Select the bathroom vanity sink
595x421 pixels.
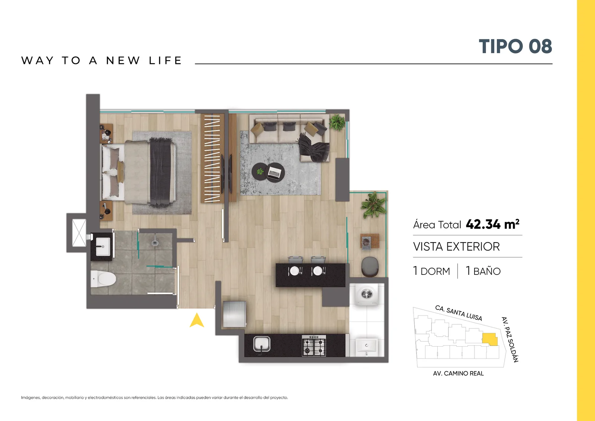(103, 247)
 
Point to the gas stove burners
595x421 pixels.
(314, 345)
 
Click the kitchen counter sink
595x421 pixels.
(262, 344)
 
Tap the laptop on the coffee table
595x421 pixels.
(275, 173)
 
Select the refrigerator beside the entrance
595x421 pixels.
(234, 314)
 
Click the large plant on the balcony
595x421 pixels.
(373, 205)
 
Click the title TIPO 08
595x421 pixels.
(515, 46)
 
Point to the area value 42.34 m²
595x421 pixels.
(492, 224)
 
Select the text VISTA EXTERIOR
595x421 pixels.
(456, 247)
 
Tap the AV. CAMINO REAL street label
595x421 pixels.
(458, 373)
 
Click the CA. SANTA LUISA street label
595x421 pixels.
(459, 313)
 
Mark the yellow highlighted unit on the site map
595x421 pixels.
(489, 339)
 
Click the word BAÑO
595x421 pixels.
(487, 271)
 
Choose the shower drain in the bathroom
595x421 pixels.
(155, 242)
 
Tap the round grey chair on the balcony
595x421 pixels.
(370, 266)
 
